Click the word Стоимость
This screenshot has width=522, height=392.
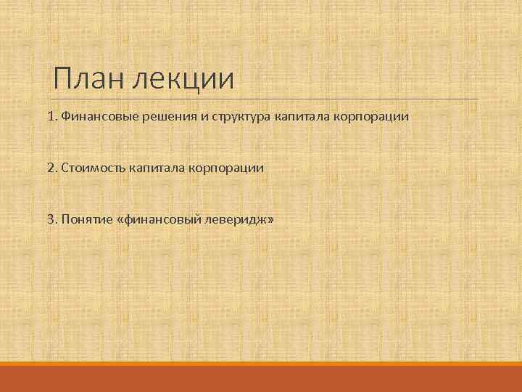[93, 168]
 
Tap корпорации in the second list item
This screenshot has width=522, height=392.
[226, 168]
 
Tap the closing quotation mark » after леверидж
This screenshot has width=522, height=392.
[271, 219]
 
